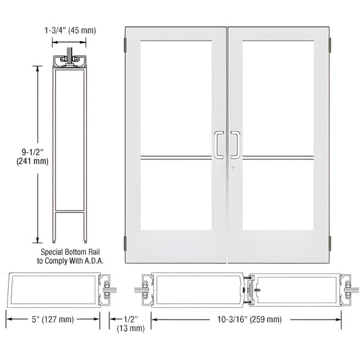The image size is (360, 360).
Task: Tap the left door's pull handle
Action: (x=219, y=144)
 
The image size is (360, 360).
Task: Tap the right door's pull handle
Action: (x=235, y=144)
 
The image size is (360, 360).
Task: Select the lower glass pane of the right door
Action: (x=278, y=196)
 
